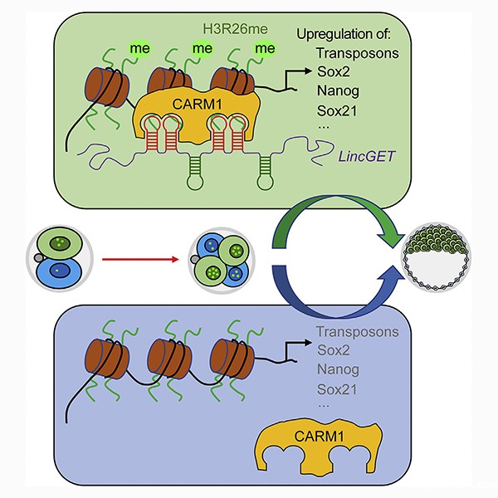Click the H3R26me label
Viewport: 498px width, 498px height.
(236, 29)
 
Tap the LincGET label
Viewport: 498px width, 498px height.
(366, 156)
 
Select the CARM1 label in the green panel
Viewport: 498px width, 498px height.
(197, 105)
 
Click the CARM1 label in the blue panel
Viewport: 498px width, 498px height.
(320, 436)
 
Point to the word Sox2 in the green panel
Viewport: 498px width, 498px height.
(334, 71)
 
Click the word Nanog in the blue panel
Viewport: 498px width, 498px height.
(338, 370)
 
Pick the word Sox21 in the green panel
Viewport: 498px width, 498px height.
(337, 111)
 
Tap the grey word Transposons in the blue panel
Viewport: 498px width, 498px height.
(358, 331)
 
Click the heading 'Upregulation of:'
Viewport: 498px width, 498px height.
(344, 34)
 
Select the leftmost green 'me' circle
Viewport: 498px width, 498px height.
(139, 49)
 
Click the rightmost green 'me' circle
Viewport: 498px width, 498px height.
(265, 49)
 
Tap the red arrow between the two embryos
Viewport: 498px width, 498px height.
(140, 260)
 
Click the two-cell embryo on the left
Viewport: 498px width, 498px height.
(60, 258)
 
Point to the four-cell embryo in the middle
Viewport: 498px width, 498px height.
(222, 261)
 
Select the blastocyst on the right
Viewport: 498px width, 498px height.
(437, 257)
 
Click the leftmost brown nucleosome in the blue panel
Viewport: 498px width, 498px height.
(107, 359)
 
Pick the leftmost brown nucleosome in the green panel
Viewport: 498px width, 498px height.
(107, 87)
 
